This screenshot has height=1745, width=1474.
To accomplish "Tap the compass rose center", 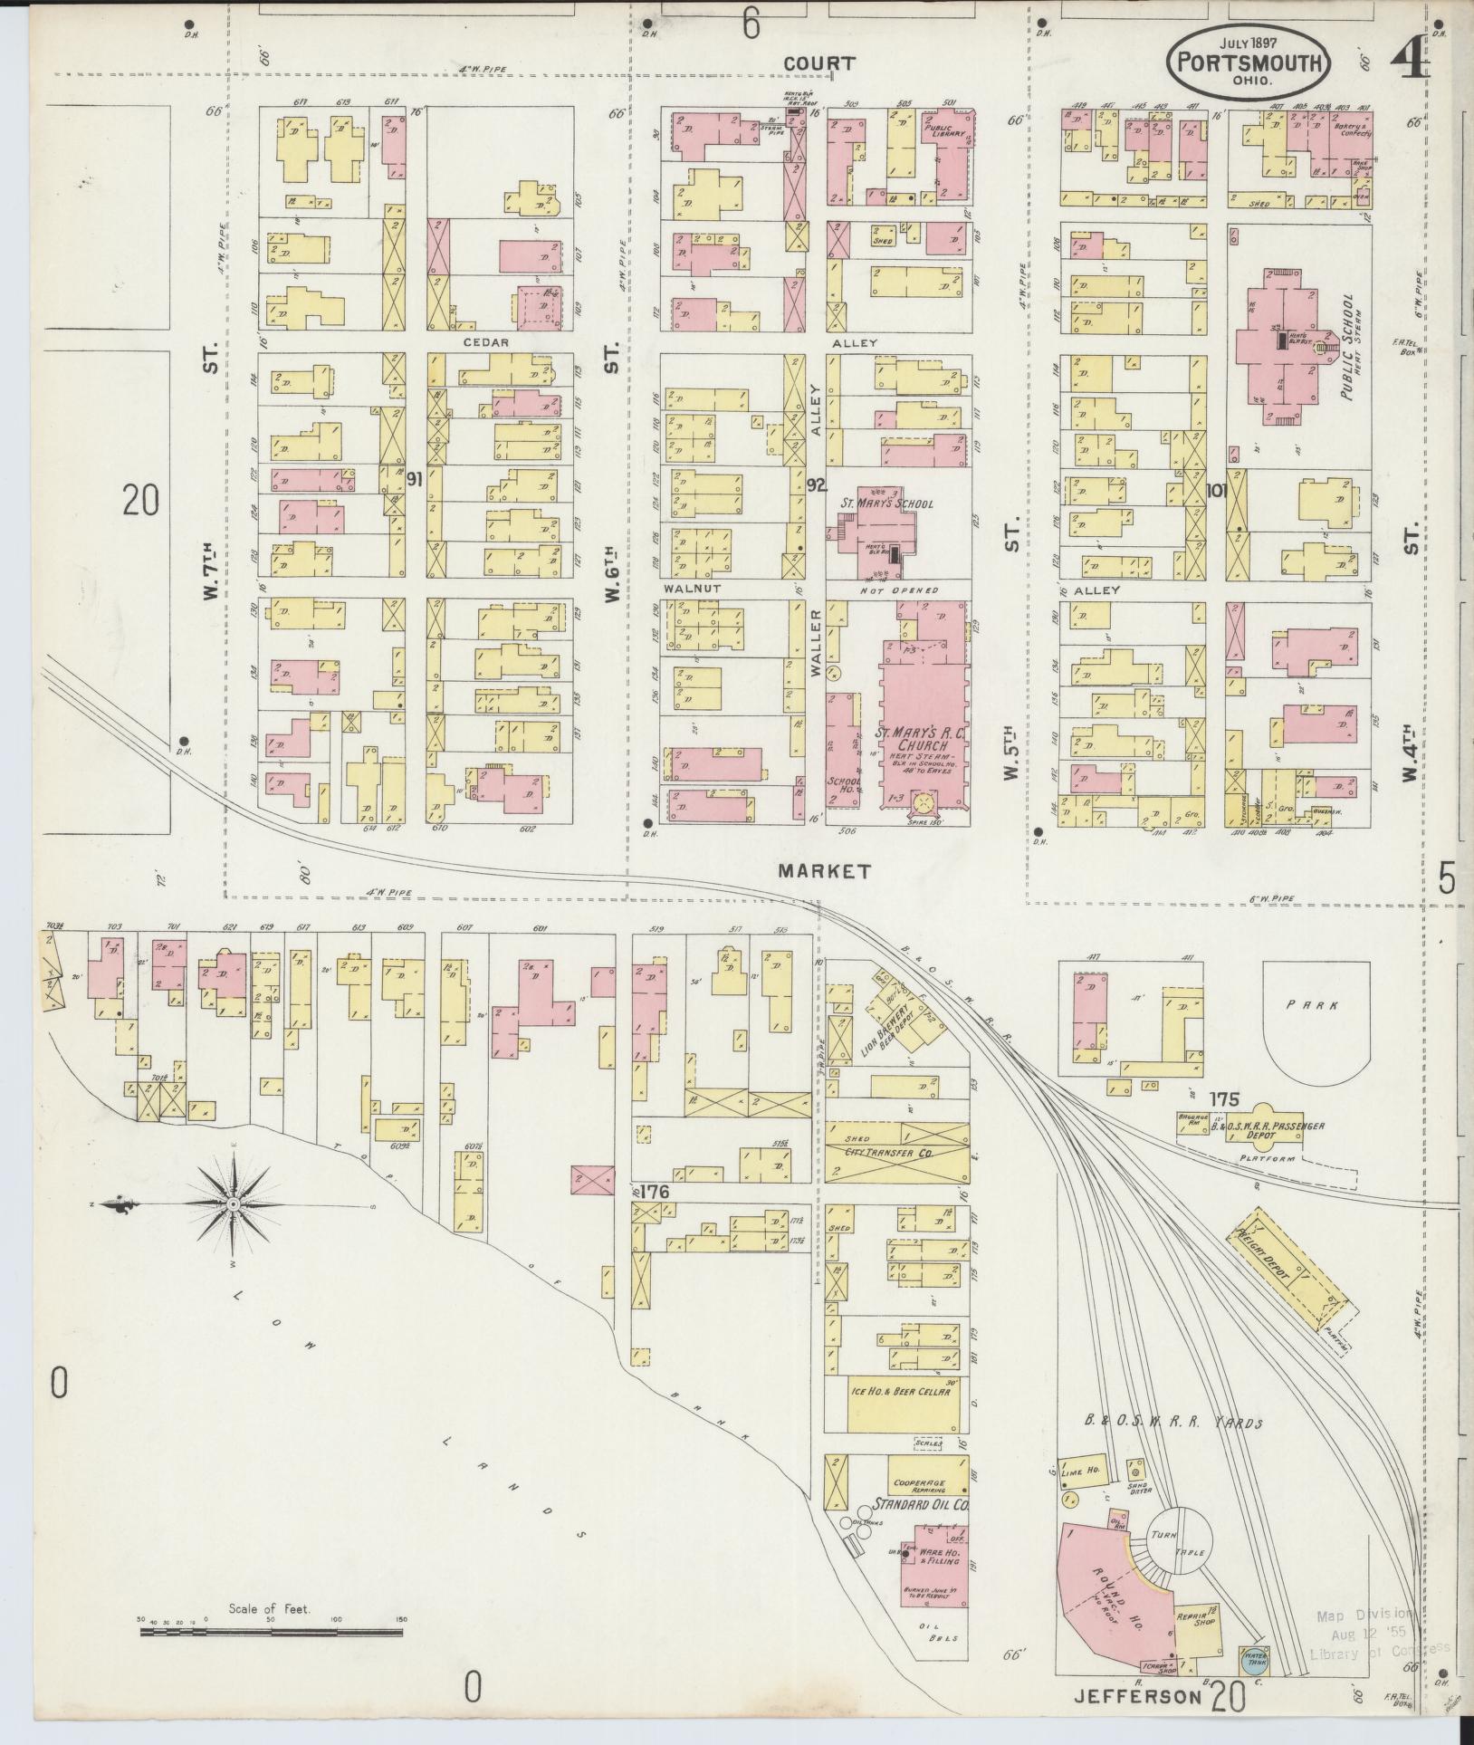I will click(234, 1203).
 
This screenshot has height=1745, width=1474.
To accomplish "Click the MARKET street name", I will click(825, 871).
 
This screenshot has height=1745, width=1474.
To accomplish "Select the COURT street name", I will click(819, 63).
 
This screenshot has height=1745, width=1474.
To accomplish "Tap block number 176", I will click(653, 1193).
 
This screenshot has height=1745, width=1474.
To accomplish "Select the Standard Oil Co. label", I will click(920, 1505).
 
